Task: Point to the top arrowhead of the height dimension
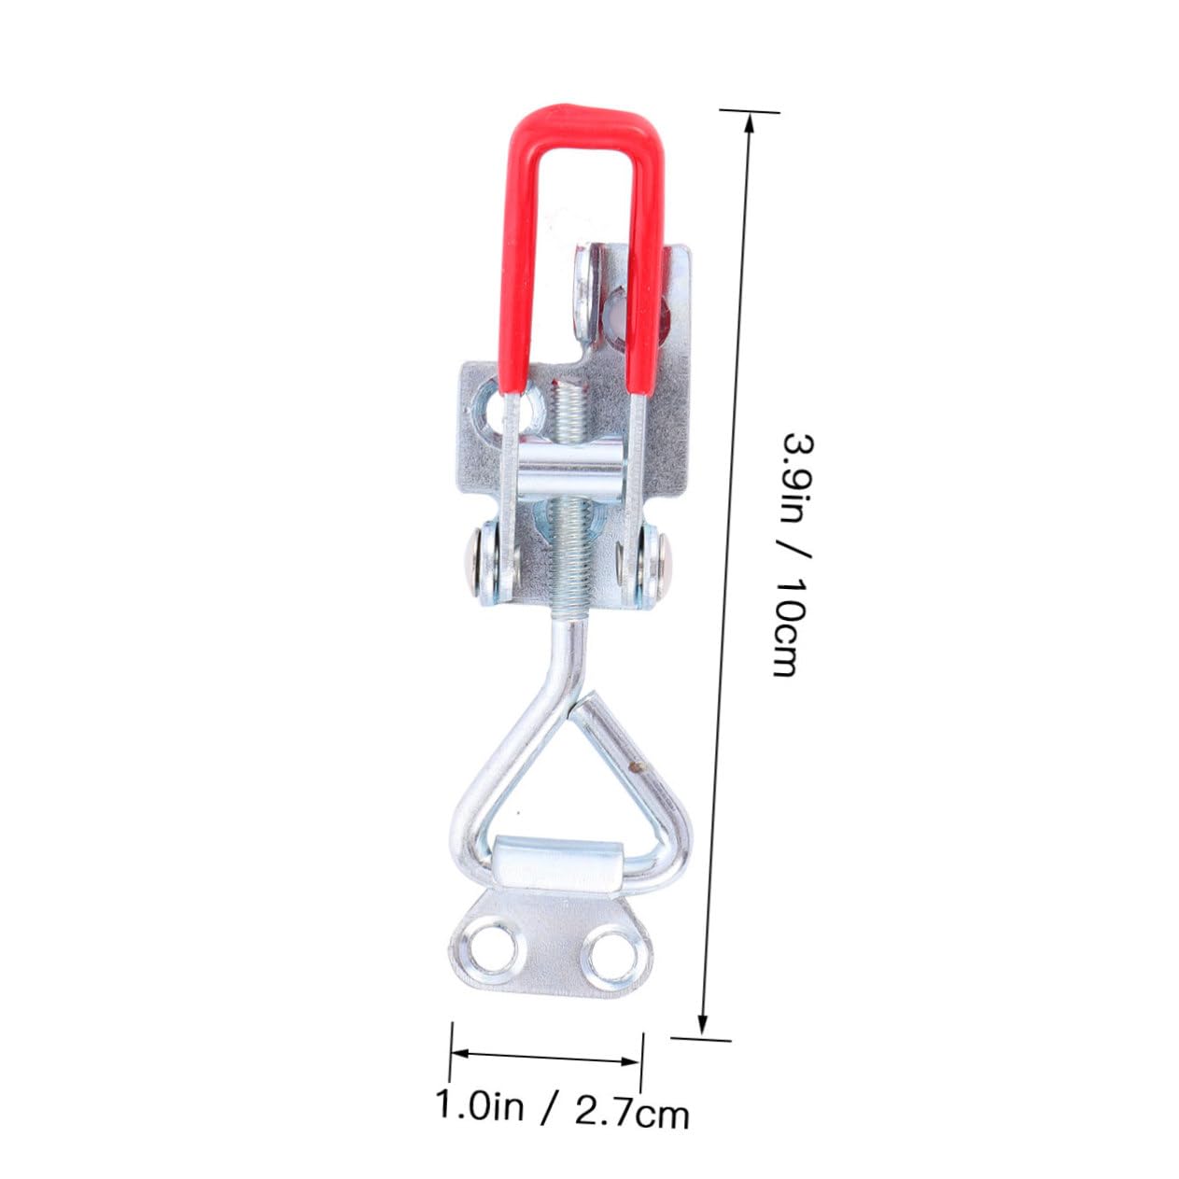pyautogui.click(x=748, y=121)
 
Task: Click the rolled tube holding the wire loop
pyautogui.click(x=556, y=864)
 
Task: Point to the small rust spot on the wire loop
pyautogui.click(x=637, y=767)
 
